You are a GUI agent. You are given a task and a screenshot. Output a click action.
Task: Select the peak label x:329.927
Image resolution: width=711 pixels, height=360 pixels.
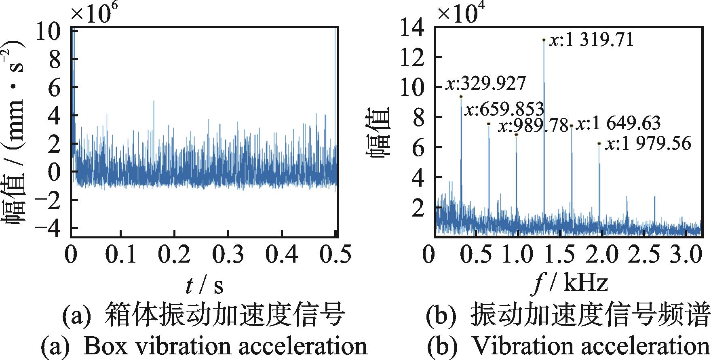pyautogui.click(x=486, y=84)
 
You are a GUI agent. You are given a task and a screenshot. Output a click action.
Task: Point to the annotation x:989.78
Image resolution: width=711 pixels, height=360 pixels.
pyautogui.click(x=533, y=126)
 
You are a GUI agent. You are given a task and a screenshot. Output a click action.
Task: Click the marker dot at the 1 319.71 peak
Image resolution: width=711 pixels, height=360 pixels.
pyautogui.click(x=544, y=40)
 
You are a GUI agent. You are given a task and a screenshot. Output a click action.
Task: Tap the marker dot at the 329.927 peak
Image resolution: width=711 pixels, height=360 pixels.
pyautogui.click(x=461, y=96)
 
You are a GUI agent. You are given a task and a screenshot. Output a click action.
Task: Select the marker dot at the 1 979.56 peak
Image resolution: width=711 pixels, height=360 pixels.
pyautogui.click(x=599, y=143)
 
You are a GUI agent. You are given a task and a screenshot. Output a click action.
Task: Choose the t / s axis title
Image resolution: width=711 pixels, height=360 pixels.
pyautogui.click(x=204, y=285)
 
